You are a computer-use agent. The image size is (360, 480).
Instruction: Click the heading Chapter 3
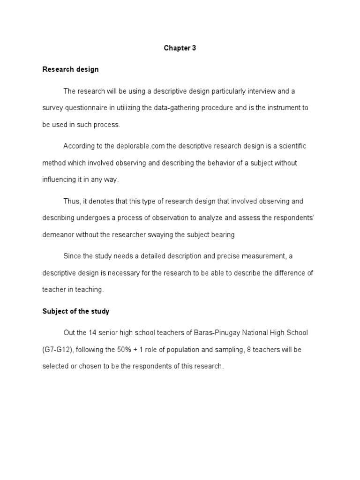click(180, 48)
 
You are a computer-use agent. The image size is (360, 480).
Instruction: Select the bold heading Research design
click(70, 69)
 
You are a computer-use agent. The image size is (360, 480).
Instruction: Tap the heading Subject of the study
click(75, 311)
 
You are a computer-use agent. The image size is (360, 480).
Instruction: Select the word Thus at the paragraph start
click(72, 202)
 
